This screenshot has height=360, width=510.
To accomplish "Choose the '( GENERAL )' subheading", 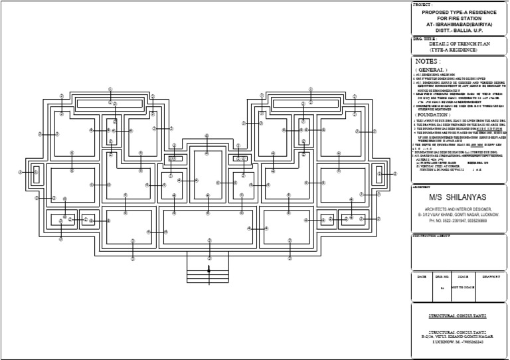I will [431, 69].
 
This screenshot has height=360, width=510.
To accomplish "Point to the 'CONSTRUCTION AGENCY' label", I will [432, 236].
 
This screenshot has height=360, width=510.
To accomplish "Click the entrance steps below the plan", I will [209, 269].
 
